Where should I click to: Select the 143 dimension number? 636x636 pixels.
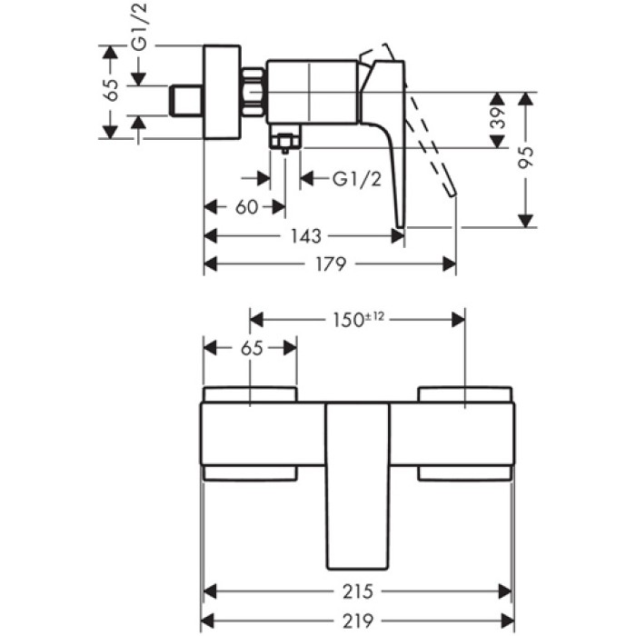(307, 236)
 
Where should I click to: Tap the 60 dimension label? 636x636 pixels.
(246, 207)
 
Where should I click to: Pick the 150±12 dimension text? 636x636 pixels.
(357, 319)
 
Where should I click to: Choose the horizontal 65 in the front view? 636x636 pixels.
(251, 348)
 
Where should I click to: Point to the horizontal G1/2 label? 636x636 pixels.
(356, 179)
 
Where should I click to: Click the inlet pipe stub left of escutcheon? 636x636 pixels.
(187, 100)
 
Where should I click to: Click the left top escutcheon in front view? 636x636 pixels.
(250, 394)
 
